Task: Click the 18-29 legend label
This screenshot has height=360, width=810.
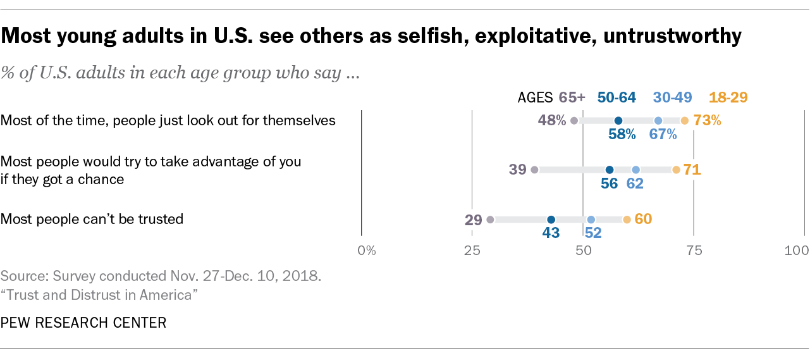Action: click(728, 97)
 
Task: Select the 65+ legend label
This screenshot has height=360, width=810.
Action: click(572, 97)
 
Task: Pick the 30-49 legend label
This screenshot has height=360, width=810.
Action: click(673, 97)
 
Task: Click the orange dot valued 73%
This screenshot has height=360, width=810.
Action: click(685, 120)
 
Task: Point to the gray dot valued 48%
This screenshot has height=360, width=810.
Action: click(574, 120)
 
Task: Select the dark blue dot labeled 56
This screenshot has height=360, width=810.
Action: click(610, 170)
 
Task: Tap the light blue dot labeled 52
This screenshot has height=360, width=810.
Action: click(591, 220)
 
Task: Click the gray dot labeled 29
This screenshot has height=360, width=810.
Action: click(490, 220)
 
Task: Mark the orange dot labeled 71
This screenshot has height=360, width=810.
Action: click(676, 170)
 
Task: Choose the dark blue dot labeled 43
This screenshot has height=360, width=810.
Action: click(551, 220)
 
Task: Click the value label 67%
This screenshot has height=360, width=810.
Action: click(663, 134)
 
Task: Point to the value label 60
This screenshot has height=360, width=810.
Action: click(643, 219)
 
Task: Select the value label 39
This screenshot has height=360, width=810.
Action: click(518, 170)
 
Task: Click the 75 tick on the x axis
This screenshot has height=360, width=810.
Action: click(694, 250)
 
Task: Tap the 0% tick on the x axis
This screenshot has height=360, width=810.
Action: click(367, 250)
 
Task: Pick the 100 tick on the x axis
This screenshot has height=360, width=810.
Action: click(796, 250)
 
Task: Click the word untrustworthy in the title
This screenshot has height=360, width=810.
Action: click(672, 37)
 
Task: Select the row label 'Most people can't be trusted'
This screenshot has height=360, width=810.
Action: click(92, 220)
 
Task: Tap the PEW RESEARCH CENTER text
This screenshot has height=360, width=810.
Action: click(83, 323)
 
